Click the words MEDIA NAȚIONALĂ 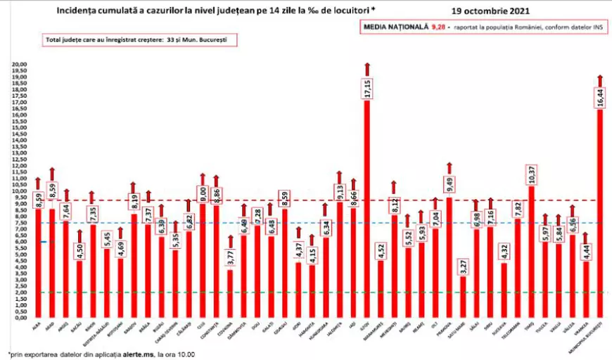click(390, 27)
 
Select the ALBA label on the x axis click(36, 325)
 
